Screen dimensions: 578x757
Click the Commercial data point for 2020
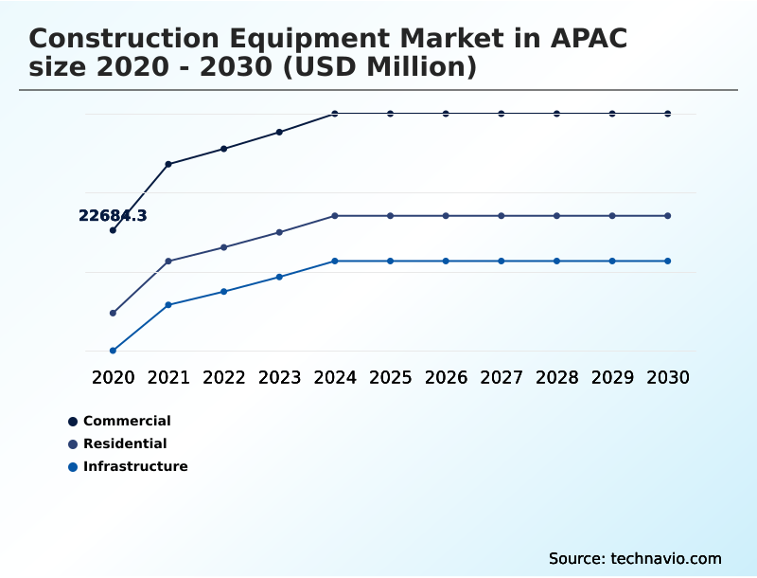[113, 230]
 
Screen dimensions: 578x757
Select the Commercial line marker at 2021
[168, 164]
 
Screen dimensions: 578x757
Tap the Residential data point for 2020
[113, 313]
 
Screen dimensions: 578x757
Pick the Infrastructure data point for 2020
[113, 351]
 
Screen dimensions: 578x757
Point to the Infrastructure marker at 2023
[279, 277]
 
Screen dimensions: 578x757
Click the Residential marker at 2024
[335, 216]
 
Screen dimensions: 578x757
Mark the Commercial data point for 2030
[668, 114]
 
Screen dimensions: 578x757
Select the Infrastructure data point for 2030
[668, 261]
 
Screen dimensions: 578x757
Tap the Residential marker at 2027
[502, 216]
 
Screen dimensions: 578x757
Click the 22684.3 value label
[113, 216]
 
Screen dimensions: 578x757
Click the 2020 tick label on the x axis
[113, 377]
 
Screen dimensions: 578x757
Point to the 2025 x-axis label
[390, 377]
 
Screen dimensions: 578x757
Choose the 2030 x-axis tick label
[668, 377]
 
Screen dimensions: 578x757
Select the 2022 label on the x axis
[224, 377]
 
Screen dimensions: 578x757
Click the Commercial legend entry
[127, 421]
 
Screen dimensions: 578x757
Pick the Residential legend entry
[125, 443]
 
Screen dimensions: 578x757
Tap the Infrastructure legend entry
[135, 466]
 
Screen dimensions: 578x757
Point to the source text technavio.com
[666, 558]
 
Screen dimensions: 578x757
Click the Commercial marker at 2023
[279, 132]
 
